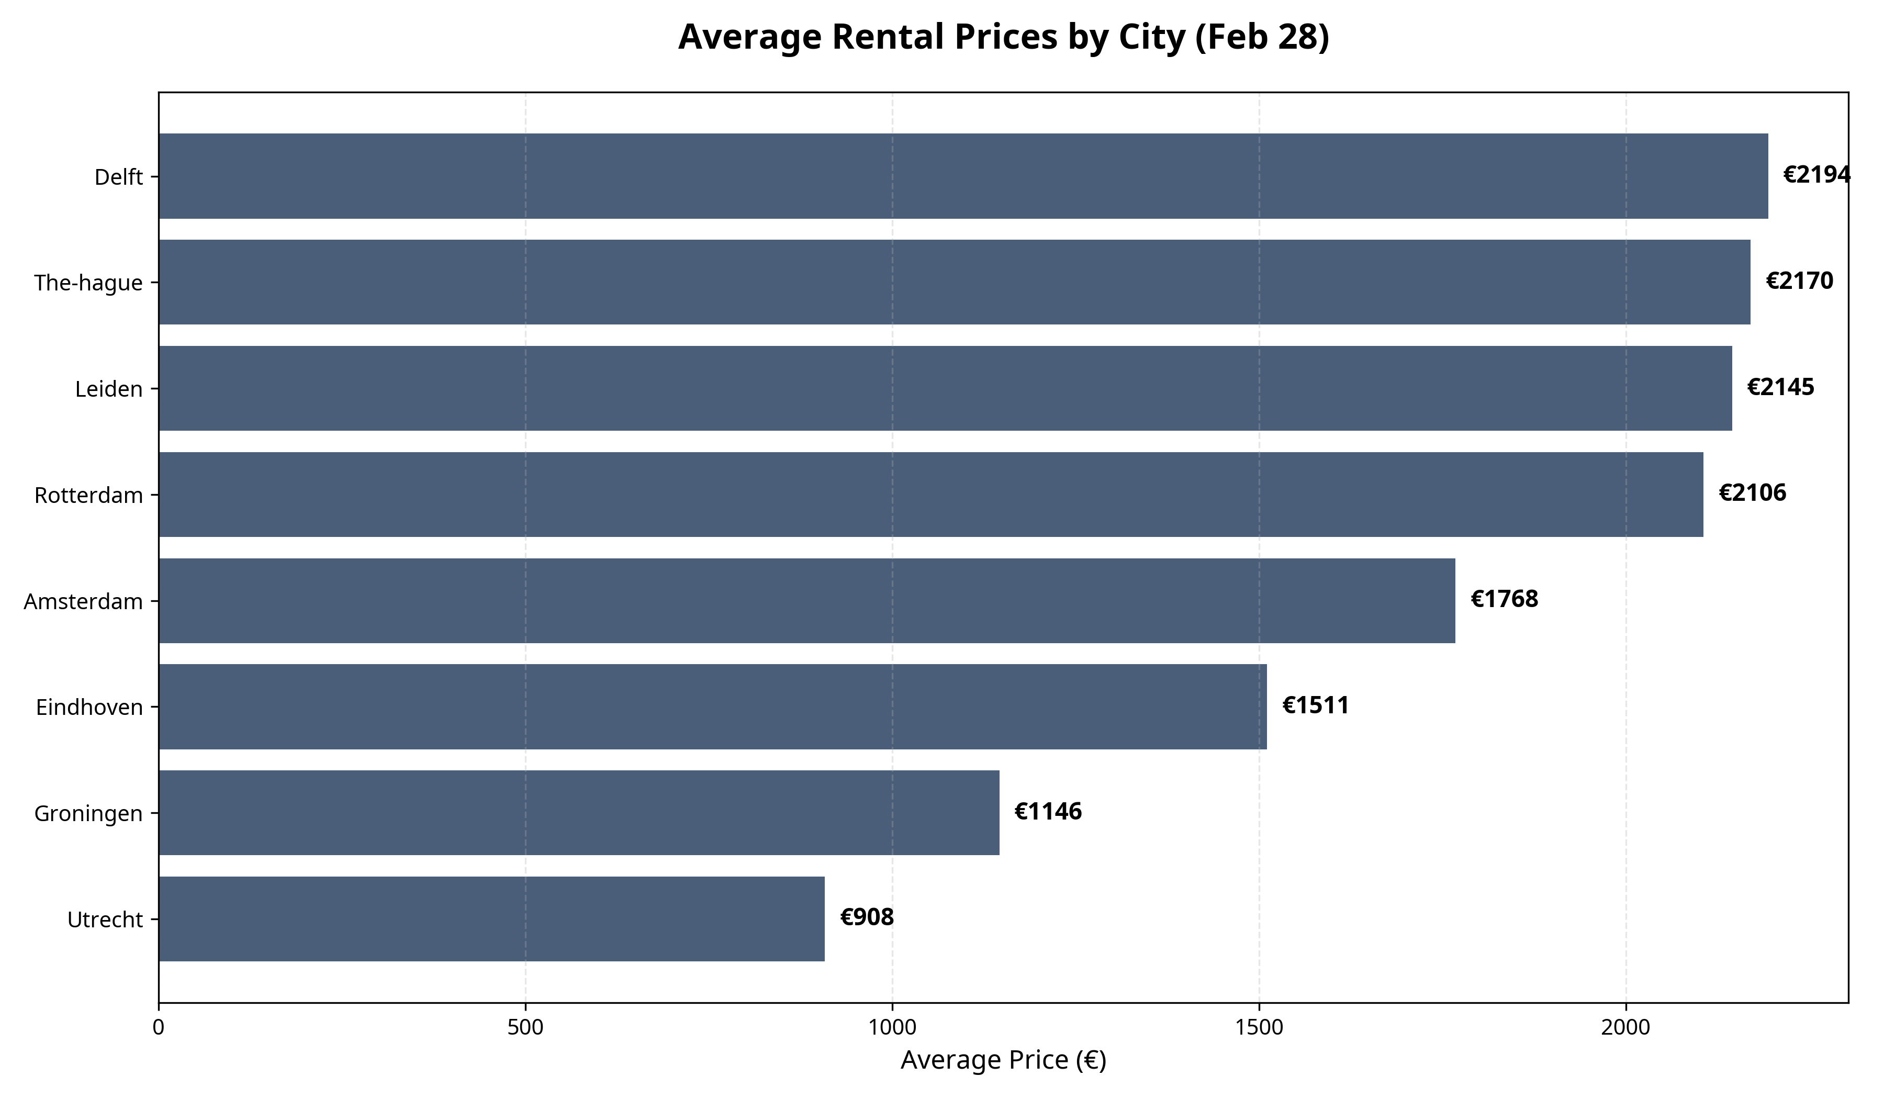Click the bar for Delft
(x=963, y=176)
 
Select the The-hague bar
(x=954, y=283)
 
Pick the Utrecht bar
(x=491, y=919)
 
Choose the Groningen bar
(x=579, y=813)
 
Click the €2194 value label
(x=1816, y=175)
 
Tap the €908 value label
(x=867, y=918)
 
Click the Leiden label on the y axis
(x=109, y=389)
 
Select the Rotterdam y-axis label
(x=88, y=496)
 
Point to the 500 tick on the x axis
(x=525, y=1028)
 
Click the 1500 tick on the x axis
(x=1259, y=1028)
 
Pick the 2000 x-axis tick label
(x=1625, y=1028)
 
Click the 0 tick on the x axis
(x=159, y=1028)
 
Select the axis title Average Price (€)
(x=1003, y=1061)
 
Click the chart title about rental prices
(x=1003, y=37)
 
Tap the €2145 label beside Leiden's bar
(x=1780, y=387)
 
